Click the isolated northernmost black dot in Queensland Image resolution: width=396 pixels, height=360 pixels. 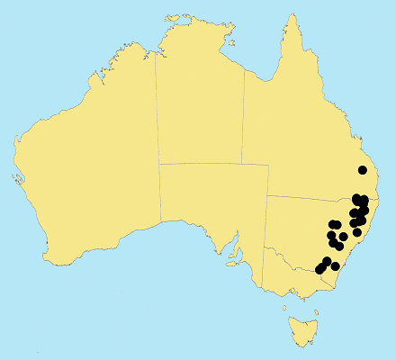click(x=363, y=169)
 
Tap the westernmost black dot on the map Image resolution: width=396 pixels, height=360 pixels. click(x=319, y=269)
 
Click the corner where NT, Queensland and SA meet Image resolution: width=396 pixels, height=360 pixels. click(x=243, y=164)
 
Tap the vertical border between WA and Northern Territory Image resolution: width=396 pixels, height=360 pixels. click(x=157, y=108)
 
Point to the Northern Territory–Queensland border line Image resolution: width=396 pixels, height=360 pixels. click(x=243, y=117)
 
